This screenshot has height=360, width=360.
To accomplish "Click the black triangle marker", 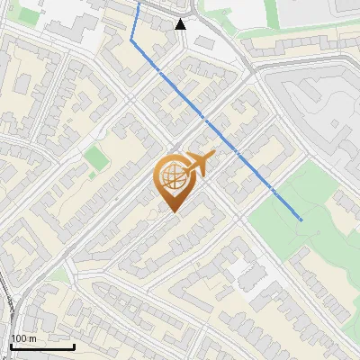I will (x=182, y=23).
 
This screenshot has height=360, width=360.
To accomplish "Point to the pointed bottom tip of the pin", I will (x=172, y=211).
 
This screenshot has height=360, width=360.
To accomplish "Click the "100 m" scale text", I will (x=22, y=338).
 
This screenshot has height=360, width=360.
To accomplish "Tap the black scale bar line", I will (x=42, y=346).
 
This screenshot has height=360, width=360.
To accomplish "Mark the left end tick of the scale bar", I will (x=11, y=345).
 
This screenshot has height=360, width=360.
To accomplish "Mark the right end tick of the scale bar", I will (x=74, y=345).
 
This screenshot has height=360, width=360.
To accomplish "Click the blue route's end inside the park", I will (x=301, y=220).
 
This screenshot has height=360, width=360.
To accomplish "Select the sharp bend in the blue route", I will (x=132, y=40).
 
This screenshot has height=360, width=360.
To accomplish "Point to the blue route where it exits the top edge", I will (x=139, y=3).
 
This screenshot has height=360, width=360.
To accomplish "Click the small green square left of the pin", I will (x=95, y=159).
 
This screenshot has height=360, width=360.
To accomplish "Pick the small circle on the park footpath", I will (x=320, y=232).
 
